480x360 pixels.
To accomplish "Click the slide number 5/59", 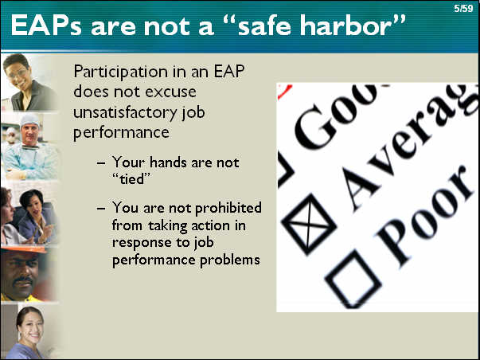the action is [x=463, y=8].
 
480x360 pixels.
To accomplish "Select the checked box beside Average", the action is [x=308, y=225].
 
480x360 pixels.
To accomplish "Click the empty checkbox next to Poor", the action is [x=353, y=280].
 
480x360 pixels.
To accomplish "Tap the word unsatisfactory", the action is [x=125, y=112].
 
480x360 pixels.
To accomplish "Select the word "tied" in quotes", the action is [x=131, y=179].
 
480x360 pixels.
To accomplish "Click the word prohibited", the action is [x=228, y=208].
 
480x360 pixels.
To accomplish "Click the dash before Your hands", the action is [x=101, y=162].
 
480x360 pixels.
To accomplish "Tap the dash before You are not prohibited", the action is [x=101, y=209].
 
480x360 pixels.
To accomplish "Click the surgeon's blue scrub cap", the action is [x=29, y=119].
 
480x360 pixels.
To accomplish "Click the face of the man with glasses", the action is [x=18, y=73].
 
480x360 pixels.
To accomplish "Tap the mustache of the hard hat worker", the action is [x=23, y=280].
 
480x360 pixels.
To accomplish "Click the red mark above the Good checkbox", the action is [x=284, y=92].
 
